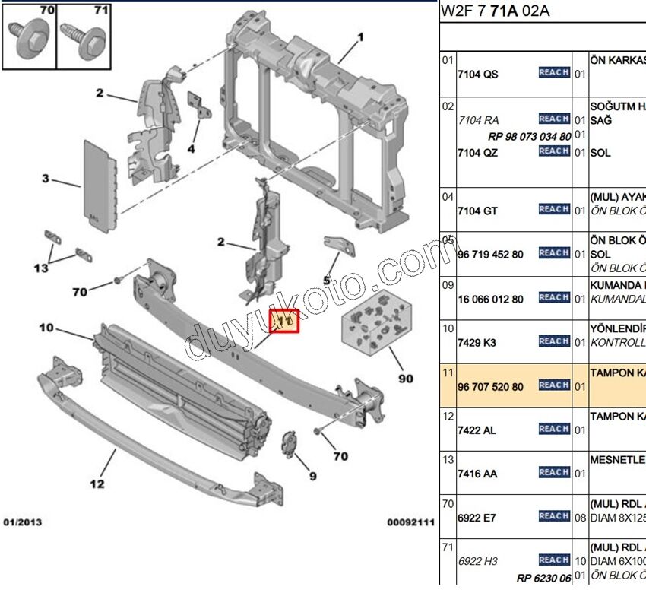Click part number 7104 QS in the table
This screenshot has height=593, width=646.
click(x=478, y=74)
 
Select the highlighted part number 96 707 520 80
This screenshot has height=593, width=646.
click(x=490, y=386)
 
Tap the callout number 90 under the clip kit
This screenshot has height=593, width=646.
click(x=405, y=377)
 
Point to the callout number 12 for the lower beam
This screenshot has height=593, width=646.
click(x=97, y=482)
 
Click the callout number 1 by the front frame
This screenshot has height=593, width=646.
click(x=361, y=36)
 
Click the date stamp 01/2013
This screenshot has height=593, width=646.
click(x=23, y=522)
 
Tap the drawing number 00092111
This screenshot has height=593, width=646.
click(x=410, y=522)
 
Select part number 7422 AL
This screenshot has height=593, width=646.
click(x=477, y=430)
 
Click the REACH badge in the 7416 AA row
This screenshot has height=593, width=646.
click(x=554, y=473)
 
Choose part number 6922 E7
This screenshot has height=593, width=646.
click(x=477, y=518)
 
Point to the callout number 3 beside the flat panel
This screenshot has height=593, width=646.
click(x=46, y=179)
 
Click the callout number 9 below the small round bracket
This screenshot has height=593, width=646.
click(x=312, y=476)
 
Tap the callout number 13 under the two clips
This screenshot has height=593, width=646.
click(x=40, y=268)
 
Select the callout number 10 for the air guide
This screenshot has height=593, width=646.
click(x=46, y=328)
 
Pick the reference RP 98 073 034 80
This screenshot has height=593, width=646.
click(x=530, y=136)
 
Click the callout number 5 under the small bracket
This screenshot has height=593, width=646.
click(x=328, y=279)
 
